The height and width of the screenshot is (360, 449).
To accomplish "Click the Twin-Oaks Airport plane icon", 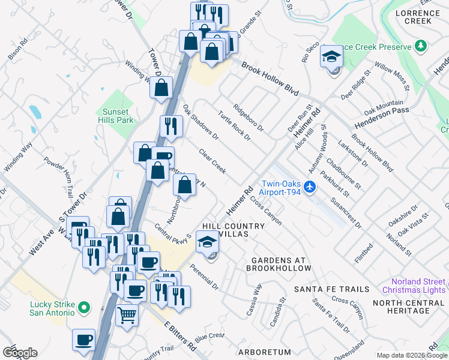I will [310, 187].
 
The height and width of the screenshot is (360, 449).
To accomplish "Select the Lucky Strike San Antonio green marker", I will [84, 308].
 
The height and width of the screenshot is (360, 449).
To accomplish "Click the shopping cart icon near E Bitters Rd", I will [127, 313].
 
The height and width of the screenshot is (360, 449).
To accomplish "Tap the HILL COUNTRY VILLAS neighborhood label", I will [234, 229].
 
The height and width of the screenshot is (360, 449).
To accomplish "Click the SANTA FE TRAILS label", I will [331, 289].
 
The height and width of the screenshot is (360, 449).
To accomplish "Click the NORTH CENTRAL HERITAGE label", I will [409, 307].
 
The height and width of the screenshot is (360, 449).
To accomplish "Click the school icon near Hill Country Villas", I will [207, 242].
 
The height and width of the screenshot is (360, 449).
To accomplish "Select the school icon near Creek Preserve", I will [331, 57].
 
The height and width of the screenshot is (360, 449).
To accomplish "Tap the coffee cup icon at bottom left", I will [83, 340].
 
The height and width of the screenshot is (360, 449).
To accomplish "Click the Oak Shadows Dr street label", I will [200, 122].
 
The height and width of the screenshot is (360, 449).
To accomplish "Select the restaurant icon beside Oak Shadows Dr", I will [171, 126].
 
